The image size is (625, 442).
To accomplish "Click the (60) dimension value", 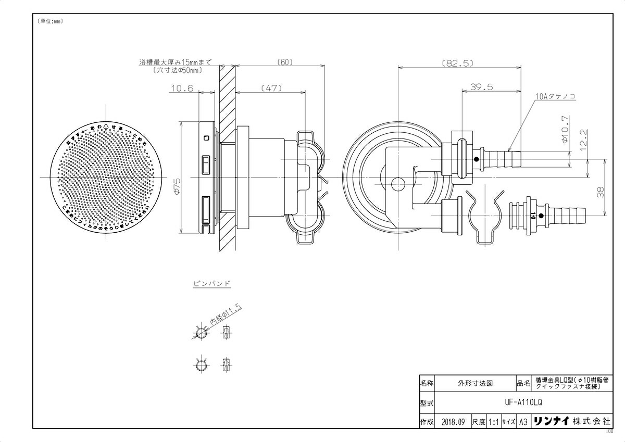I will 283,61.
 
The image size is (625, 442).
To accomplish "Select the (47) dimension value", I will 270,88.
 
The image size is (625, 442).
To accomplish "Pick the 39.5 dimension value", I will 481,87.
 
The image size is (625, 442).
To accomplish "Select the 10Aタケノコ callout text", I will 555,97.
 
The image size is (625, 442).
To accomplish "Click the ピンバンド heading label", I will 212,284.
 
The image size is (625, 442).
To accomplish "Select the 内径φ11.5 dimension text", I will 226,315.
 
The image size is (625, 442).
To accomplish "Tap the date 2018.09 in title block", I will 452,422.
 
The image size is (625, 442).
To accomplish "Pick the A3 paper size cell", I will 524,422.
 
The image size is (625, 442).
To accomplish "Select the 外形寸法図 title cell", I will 475,383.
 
